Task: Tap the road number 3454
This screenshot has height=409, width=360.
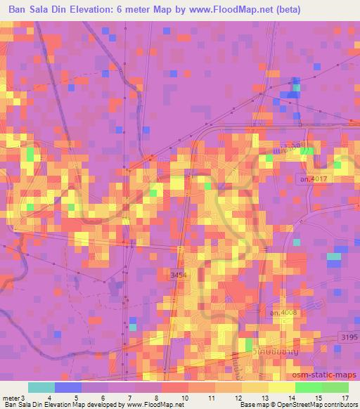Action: click(x=179, y=276)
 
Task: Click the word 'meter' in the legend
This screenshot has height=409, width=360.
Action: click(x=10, y=398)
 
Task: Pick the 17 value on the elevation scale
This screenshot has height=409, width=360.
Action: click(x=345, y=398)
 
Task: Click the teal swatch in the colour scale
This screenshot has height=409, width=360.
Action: click(x=41, y=387)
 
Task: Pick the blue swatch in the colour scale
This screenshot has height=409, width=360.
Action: click(x=67, y=387)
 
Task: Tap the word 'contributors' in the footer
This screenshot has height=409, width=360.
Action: click(x=335, y=405)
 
